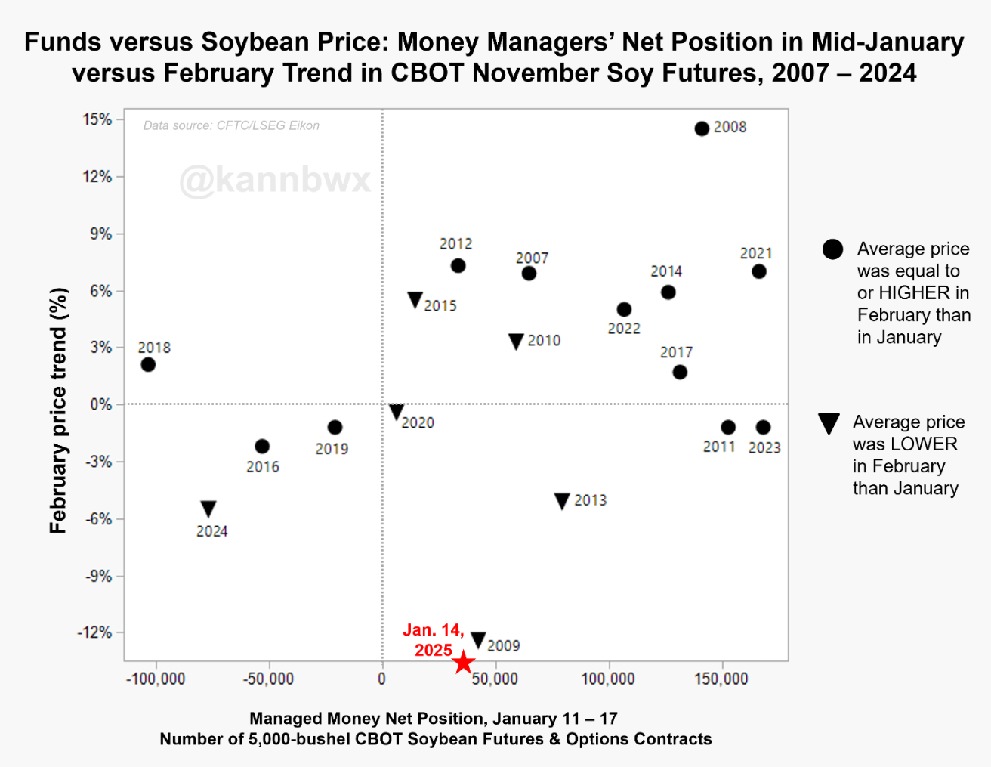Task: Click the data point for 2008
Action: point(702,128)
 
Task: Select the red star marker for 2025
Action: point(463,663)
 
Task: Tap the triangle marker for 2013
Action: point(562,501)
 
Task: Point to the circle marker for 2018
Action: point(148,364)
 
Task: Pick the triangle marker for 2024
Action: point(208,509)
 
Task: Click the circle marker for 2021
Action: point(759,271)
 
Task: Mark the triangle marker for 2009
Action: point(478,640)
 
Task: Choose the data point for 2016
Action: point(262,447)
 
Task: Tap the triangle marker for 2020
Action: point(397,412)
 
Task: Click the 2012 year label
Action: point(455,244)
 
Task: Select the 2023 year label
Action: point(764,447)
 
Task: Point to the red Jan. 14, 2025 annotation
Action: point(434,640)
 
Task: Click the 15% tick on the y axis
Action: point(97,119)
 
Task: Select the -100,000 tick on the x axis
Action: point(155,679)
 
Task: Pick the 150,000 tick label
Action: point(721,679)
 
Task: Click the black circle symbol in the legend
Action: point(832,249)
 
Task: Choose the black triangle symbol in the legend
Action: point(829,423)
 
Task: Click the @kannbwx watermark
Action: point(275,181)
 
